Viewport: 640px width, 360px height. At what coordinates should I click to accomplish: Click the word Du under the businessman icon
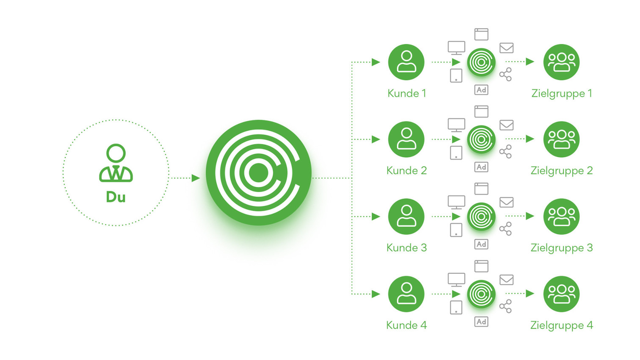coord(116,197)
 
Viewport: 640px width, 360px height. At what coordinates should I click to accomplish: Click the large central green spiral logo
coord(259,173)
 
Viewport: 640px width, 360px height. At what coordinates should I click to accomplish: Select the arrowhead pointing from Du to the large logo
coord(196,178)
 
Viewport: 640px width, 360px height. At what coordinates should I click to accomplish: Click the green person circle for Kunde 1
coord(406,62)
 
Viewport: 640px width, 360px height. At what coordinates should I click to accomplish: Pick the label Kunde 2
coord(406,170)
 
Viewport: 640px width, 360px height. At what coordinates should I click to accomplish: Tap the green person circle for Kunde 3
coord(406,217)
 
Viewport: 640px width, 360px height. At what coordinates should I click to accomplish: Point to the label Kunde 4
coord(406,325)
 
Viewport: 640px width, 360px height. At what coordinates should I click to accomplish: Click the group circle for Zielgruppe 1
coord(561,62)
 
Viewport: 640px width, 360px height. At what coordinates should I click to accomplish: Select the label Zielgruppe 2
coord(561,170)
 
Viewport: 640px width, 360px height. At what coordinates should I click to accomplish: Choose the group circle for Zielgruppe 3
coord(561,217)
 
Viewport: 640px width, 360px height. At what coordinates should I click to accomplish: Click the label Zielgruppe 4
coord(561,325)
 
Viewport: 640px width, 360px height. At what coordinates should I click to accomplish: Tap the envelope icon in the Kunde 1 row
coord(506,48)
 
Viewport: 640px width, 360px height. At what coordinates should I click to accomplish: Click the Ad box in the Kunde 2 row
coord(481,167)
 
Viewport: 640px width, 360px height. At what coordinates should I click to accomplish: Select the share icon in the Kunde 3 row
coord(505,229)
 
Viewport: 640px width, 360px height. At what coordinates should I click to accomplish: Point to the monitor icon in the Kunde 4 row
coord(456,279)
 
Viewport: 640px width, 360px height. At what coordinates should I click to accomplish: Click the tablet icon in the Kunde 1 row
coord(456,76)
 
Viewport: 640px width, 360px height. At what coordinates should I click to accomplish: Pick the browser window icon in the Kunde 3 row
coord(481,189)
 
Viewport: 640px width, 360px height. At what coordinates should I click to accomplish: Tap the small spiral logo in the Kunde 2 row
coord(481,139)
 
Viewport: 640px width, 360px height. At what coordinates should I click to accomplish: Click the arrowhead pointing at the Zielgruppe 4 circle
coord(530,294)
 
